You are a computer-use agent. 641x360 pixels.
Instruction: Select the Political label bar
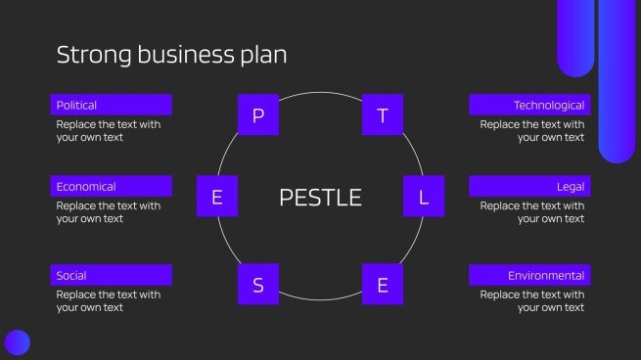pos(111,105)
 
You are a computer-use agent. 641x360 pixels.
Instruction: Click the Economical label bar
pos(111,186)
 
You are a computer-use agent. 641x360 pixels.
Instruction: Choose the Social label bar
pos(111,275)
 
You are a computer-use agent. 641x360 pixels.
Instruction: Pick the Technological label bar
pos(528,105)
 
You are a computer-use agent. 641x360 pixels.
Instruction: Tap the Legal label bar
pos(528,186)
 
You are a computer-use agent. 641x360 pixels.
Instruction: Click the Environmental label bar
pos(528,275)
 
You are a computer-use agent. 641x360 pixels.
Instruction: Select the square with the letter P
pos(258,115)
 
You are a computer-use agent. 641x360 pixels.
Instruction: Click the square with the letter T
pos(383,115)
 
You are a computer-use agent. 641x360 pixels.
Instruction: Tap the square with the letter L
pos(424,197)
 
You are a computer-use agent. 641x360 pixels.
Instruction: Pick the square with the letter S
pos(258,285)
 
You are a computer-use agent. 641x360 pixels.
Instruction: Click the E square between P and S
pos(217,197)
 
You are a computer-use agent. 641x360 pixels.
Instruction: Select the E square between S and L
pos(383,285)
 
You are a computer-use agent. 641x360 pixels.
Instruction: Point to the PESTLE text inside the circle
pos(320,198)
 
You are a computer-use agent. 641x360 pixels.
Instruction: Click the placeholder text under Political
pos(108,131)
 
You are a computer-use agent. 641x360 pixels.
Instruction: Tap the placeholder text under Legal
pos(532,212)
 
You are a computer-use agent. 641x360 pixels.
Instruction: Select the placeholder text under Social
pos(108,301)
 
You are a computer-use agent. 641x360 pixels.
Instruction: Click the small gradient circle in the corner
pos(17,342)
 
